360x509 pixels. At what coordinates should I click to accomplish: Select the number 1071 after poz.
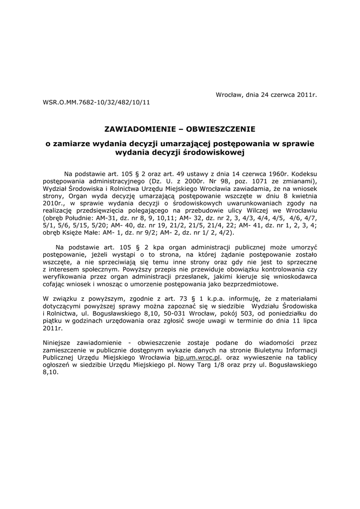(x=260, y=181)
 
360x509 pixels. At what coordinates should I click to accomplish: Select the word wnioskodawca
(x=294, y=276)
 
